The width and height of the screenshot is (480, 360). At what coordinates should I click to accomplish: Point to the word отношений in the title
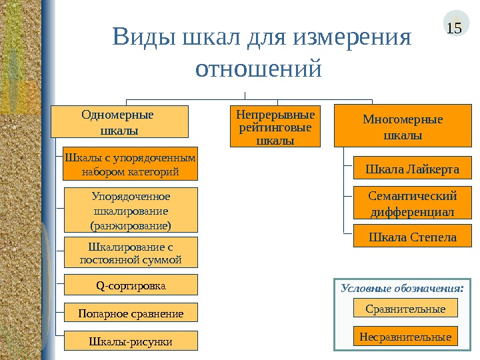tap(260, 68)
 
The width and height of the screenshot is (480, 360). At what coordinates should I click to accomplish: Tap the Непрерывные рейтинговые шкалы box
tap(275, 125)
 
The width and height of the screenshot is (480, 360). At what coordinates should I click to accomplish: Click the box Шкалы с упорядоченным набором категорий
tap(131, 164)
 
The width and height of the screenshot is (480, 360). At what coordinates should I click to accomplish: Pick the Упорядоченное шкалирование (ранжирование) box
tap(131, 209)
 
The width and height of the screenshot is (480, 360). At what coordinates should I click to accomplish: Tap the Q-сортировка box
tap(131, 285)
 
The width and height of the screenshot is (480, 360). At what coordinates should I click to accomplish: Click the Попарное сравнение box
tap(131, 312)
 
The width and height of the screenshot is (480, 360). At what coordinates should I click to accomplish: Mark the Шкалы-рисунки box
tap(131, 341)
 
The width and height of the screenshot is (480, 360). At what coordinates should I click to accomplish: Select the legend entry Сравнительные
tap(405, 308)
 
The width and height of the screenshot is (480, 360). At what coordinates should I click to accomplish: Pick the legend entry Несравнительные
tap(405, 337)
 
